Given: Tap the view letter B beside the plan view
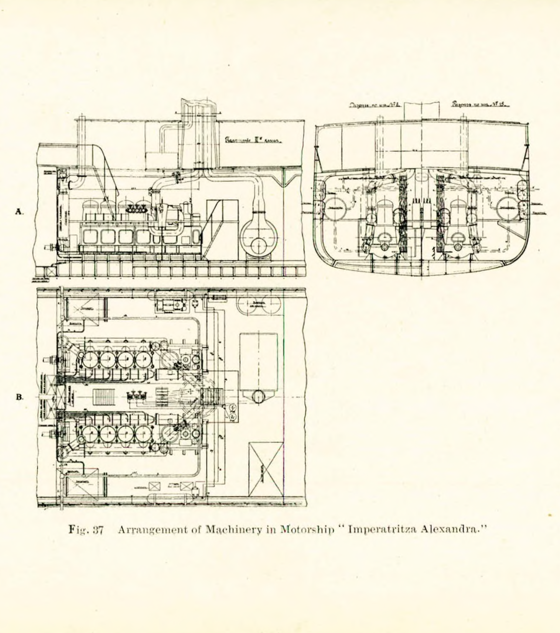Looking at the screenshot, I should pyautogui.click(x=19, y=397).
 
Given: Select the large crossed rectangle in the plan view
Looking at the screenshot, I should pyautogui.click(x=266, y=469).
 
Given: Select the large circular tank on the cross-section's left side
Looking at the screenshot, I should pyautogui.click(x=335, y=209).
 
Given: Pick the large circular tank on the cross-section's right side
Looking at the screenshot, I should pyautogui.click(x=508, y=209).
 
